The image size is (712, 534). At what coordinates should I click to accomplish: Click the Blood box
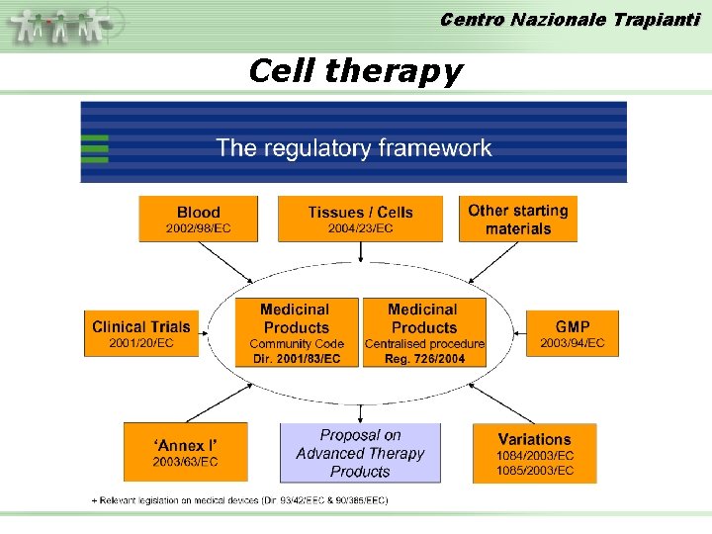pyautogui.click(x=198, y=219)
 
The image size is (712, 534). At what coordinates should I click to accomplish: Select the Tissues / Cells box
pyautogui.click(x=360, y=219)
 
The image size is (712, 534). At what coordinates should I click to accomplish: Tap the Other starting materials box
pyautogui.click(x=517, y=219)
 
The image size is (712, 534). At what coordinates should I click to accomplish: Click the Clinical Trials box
pyautogui.click(x=140, y=333)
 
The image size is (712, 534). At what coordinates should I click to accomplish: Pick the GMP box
pyautogui.click(x=573, y=333)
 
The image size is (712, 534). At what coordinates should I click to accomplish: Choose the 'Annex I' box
pyautogui.click(x=185, y=452)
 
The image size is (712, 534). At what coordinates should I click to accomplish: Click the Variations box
pyautogui.click(x=534, y=453)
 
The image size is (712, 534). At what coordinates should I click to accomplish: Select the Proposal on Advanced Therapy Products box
pyautogui.click(x=360, y=453)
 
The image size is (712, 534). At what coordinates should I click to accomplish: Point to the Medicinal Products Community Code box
pyautogui.click(x=296, y=333)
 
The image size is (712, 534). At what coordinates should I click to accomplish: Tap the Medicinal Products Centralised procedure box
pyautogui.click(x=424, y=333)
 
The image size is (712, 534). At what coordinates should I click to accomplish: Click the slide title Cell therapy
pyautogui.click(x=355, y=71)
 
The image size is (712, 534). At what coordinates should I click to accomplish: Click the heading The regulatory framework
pyautogui.click(x=354, y=148)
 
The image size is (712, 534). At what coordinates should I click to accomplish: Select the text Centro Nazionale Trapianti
pyautogui.click(x=569, y=19)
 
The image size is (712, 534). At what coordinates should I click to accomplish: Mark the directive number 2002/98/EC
pyautogui.click(x=198, y=228)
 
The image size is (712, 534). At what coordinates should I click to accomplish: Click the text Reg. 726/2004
pyautogui.click(x=424, y=358)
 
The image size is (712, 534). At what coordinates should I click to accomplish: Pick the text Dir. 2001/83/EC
pyautogui.click(x=296, y=358)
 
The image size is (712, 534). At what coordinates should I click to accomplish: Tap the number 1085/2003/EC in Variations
pyautogui.click(x=534, y=471)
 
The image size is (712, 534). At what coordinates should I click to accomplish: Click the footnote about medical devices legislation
pyautogui.click(x=240, y=500)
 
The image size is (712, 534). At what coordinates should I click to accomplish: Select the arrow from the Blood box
pyautogui.click(x=229, y=262)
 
